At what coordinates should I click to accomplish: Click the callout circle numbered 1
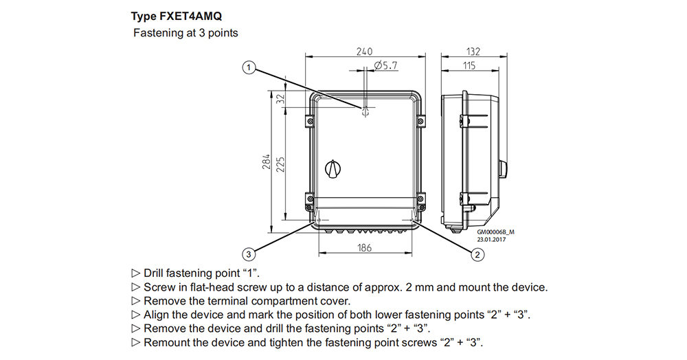pos(249,68)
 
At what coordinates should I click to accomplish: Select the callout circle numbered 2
pos(475,255)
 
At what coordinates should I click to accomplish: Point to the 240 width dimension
pos(364,52)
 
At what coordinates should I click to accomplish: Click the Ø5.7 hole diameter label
pos(386,66)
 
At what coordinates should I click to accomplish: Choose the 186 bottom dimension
pos(364,247)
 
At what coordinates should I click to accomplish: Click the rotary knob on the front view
pos(333,168)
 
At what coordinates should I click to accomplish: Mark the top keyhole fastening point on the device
pos(365,111)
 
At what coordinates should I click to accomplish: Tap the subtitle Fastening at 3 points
pos(185,33)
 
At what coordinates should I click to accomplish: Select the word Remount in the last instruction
pos(166,342)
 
